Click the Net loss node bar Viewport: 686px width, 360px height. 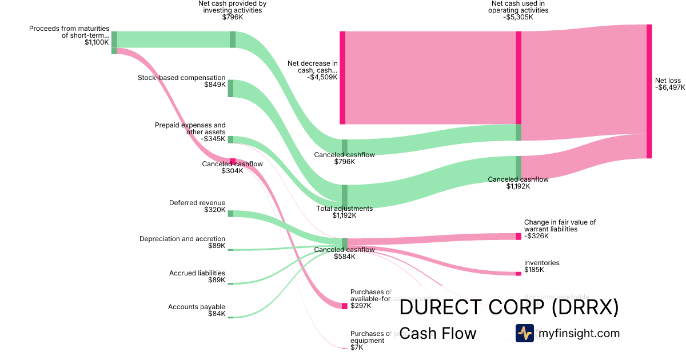pyautogui.click(x=649, y=91)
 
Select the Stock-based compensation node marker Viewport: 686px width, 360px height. pyautogui.click(x=230, y=89)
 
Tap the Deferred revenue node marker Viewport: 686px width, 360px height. pyautogui.click(x=230, y=213)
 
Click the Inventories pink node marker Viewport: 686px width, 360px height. pyautogui.click(x=519, y=274)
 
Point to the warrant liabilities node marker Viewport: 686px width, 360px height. pyautogui.click(x=519, y=237)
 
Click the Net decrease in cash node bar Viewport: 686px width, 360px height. pyautogui.click(x=342, y=78)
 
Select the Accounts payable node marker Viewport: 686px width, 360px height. pyautogui.click(x=230, y=317)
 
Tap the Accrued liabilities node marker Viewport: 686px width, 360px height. pyautogui.click(x=230, y=283)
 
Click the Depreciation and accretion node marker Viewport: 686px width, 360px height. pyautogui.click(x=230, y=250)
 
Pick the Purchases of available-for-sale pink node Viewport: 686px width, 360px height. pyautogui.click(x=345, y=306)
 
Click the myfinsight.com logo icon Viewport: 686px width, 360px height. pyautogui.click(x=524, y=333)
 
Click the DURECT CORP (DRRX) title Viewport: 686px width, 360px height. pyautogui.click(x=509, y=308)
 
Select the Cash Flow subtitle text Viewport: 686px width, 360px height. pyautogui.click(x=437, y=333)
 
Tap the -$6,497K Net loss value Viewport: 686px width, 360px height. pyautogui.click(x=669, y=87)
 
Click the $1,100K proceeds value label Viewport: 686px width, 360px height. pyautogui.click(x=97, y=42)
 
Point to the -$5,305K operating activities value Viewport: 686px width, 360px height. pyautogui.click(x=518, y=17)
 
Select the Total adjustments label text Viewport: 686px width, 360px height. pyautogui.click(x=344, y=209)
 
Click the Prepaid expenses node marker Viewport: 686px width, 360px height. pyautogui.click(x=230, y=139)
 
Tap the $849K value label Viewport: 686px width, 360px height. pyautogui.click(x=214, y=85)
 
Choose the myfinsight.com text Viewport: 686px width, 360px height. pyautogui.click(x=577, y=333)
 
